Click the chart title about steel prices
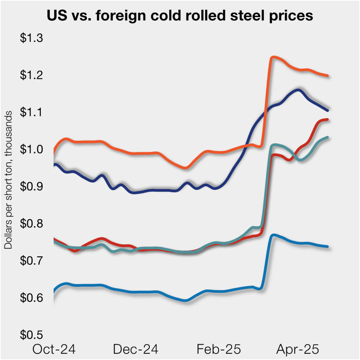180,16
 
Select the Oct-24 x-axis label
54,349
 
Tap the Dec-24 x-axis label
136,349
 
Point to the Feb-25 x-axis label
219,349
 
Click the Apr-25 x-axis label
297,349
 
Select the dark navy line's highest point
298,90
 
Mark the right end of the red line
327,120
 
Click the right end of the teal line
327,137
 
